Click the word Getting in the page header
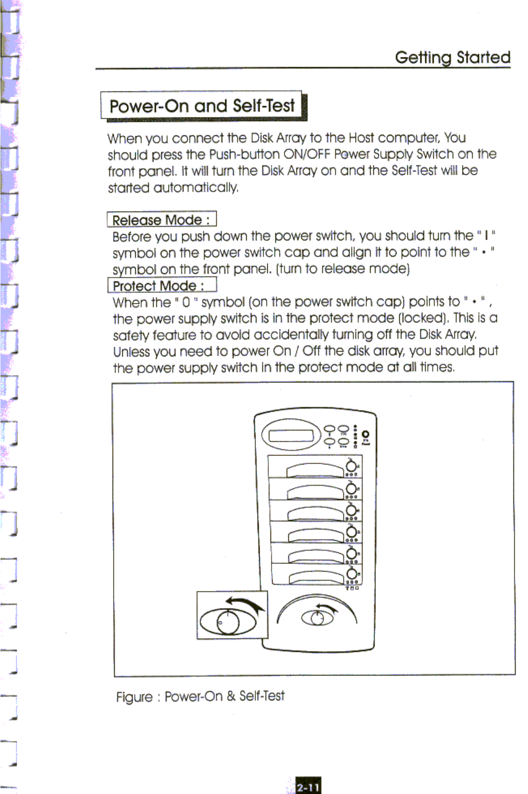[423, 57]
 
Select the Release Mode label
[161, 220]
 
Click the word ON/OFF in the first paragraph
[306, 154]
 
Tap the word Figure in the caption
[134, 697]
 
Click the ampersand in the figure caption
[231, 696]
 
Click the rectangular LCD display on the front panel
[291, 436]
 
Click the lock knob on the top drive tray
[352, 466]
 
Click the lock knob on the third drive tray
[352, 511]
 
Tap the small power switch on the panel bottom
[318, 617]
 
